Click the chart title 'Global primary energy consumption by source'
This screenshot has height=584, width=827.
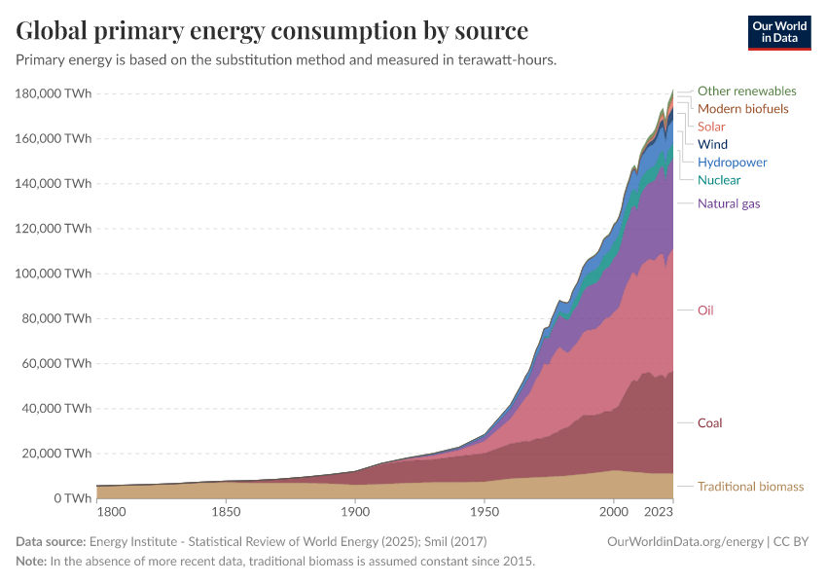point(272,30)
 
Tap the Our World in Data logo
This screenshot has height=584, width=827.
point(779,31)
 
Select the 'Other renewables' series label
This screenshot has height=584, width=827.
point(746,91)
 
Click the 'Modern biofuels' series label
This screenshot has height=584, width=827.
point(742,109)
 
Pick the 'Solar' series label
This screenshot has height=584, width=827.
point(711,127)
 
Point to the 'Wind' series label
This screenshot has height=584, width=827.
point(712,144)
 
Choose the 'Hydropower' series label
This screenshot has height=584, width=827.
point(732,162)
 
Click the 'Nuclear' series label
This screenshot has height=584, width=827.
point(719,180)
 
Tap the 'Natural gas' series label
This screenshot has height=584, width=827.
point(729,203)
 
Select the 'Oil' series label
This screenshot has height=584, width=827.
point(705,310)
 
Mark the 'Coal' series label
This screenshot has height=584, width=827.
point(709,423)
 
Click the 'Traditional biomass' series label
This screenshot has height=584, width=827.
point(750,487)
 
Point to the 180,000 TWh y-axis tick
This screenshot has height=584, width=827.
point(54,93)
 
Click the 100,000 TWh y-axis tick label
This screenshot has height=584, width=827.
point(54,274)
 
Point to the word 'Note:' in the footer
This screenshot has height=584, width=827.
point(34,562)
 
